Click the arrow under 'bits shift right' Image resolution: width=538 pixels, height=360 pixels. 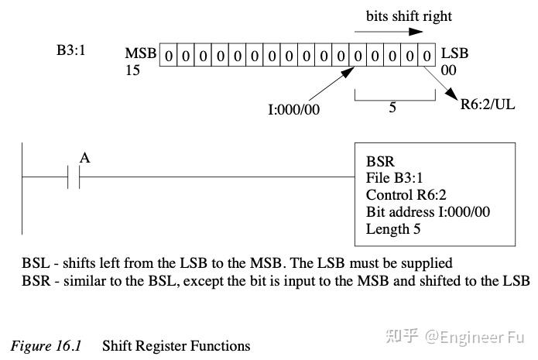[x=389, y=33]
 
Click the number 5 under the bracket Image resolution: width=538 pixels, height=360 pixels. [x=392, y=108]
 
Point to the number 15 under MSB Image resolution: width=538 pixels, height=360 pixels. [x=133, y=70]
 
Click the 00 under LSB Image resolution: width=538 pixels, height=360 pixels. [x=450, y=70]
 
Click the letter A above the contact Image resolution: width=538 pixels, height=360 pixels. [x=85, y=158]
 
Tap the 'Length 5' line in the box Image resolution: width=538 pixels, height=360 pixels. [x=399, y=228]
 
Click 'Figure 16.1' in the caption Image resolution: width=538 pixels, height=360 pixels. [x=47, y=345]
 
